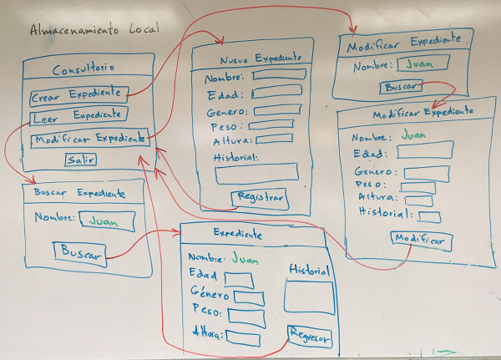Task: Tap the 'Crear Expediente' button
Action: click(x=79, y=95)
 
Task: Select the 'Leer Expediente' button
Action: click(x=78, y=115)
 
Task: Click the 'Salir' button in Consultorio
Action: click(x=81, y=159)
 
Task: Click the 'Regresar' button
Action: click(x=309, y=337)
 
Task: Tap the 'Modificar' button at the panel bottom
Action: click(x=421, y=240)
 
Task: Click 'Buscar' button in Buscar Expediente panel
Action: click(x=79, y=251)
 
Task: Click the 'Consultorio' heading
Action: click(x=83, y=68)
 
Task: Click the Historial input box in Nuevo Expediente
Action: click(x=256, y=173)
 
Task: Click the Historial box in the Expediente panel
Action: click(x=308, y=297)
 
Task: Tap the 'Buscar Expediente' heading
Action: click(x=79, y=193)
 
